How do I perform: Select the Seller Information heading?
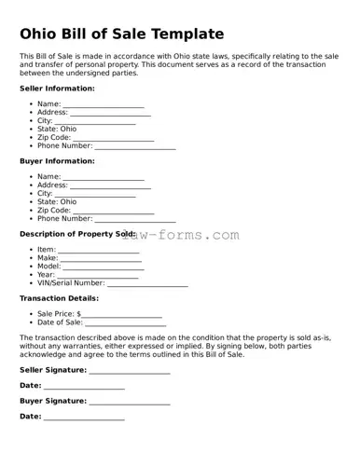tap(57, 88)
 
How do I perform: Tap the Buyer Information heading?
tap(56, 160)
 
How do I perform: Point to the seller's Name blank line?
tap(104, 105)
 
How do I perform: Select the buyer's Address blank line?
tap(110, 186)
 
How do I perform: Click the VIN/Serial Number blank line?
tap(147, 284)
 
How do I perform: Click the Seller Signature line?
tap(130, 371)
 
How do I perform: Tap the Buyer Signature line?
tap(130, 403)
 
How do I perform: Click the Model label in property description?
tap(48, 267)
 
